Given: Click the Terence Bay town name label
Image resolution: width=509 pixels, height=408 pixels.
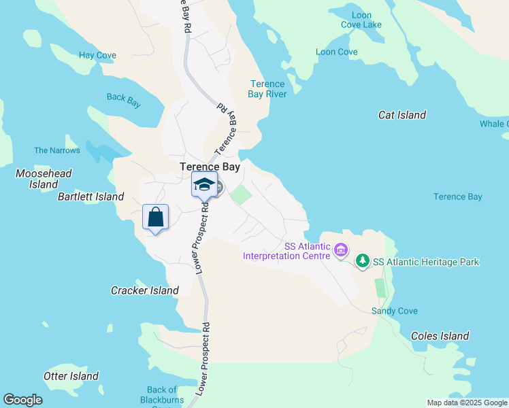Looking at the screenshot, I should coord(210,167).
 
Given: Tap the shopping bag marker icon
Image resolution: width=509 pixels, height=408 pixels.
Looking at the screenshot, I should coord(156,218).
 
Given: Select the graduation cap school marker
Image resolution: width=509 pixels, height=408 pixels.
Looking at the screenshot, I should coord(205,184).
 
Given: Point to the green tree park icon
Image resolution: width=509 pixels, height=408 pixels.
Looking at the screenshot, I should coord(363,261).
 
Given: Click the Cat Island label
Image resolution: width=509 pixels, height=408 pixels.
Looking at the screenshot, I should coord(402,115).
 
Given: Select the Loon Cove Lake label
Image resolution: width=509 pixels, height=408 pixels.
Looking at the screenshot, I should coord(362,20).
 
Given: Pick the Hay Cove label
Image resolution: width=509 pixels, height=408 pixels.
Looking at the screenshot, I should coord(97,55).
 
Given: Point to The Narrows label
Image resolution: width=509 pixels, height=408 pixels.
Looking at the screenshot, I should coord(57,150).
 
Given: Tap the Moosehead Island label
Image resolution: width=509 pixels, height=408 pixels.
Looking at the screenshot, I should coord(44,179).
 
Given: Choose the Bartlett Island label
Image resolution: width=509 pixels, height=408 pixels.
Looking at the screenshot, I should coord(91,197).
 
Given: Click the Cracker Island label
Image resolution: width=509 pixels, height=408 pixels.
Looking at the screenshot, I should coord(144,290).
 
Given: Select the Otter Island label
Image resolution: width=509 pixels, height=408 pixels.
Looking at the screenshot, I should coord(71,376).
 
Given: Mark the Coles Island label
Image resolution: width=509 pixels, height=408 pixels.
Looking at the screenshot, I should coord(440,336).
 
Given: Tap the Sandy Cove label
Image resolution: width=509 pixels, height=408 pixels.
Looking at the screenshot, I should coord(394,311).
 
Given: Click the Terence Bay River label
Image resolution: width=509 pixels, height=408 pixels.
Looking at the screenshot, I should coord(267,89).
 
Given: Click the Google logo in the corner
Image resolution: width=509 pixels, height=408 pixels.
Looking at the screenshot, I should coord(22,400).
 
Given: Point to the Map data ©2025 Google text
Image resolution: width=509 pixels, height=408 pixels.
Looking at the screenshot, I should coord(466,403).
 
